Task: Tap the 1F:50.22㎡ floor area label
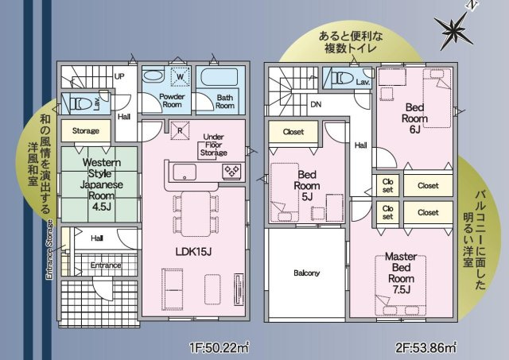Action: click(220, 347)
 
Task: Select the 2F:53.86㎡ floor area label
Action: click(426, 347)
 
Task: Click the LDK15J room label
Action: click(193, 251)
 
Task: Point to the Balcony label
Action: click(306, 273)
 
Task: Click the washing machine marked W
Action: click(180, 77)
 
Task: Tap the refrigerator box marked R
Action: click(180, 130)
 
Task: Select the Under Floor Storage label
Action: click(213, 145)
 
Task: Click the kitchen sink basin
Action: click(185, 172)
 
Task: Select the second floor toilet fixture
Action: click(344, 78)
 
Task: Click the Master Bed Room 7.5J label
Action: click(401, 273)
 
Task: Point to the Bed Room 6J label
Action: click(414, 118)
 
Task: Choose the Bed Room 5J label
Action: click(307, 185)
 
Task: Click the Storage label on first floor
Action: click(86, 130)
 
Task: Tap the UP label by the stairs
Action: click(119, 76)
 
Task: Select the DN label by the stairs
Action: click(316, 104)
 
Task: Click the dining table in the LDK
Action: click(196, 214)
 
